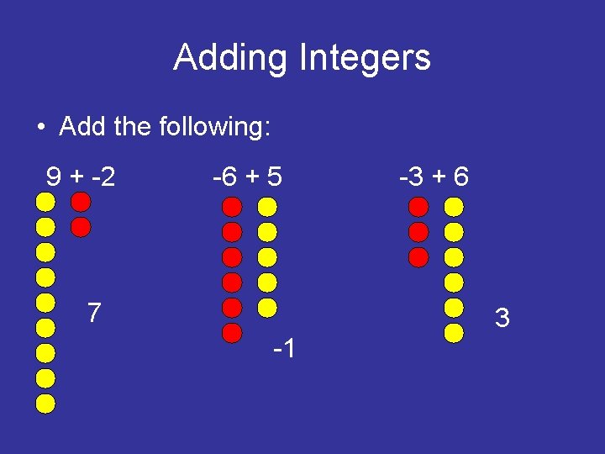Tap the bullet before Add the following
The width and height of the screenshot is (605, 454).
(x=40, y=128)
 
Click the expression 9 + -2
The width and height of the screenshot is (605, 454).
(x=81, y=177)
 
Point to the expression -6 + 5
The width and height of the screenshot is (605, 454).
(x=248, y=177)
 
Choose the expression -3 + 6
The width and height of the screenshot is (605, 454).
(x=434, y=177)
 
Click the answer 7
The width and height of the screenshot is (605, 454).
(x=95, y=314)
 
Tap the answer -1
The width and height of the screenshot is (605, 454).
(x=283, y=348)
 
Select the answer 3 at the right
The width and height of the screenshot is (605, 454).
(x=502, y=319)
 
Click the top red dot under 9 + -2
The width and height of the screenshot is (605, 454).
(x=81, y=202)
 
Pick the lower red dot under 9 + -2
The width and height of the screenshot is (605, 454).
(x=81, y=227)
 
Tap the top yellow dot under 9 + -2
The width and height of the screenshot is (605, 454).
(x=46, y=202)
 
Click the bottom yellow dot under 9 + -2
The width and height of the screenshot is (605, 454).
(x=46, y=404)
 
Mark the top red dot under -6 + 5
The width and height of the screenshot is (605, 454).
(x=233, y=206)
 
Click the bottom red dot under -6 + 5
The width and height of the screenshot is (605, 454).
(x=233, y=332)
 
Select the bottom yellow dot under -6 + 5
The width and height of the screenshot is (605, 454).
(x=267, y=307)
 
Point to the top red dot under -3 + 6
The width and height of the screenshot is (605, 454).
(x=419, y=206)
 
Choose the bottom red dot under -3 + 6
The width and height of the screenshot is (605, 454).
(x=419, y=256)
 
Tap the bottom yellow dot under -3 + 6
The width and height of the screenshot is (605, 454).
(x=454, y=332)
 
